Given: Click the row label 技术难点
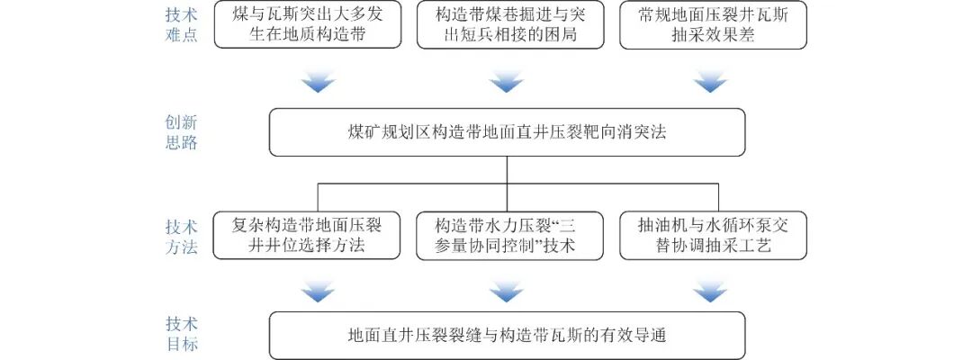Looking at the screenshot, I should click(x=181, y=25).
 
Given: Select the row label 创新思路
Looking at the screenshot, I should click(x=181, y=132).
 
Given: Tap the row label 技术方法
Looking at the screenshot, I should click(x=181, y=236).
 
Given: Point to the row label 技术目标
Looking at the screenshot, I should click(x=181, y=334).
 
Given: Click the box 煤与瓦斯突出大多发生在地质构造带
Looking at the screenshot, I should click(x=306, y=25).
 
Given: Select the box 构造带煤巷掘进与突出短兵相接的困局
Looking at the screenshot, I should click(x=508, y=25).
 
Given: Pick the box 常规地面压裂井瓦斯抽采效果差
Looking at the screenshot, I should click(x=713, y=25).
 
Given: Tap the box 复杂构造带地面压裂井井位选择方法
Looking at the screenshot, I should click(x=306, y=235).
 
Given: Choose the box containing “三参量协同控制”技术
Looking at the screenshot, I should click(x=508, y=235).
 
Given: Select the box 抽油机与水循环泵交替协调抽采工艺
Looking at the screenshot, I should click(x=713, y=235).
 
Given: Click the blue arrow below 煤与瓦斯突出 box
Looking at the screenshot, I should click(x=318, y=84).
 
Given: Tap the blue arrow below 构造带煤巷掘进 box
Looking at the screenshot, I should click(x=507, y=84).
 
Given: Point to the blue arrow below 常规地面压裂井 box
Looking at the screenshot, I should click(x=710, y=84).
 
